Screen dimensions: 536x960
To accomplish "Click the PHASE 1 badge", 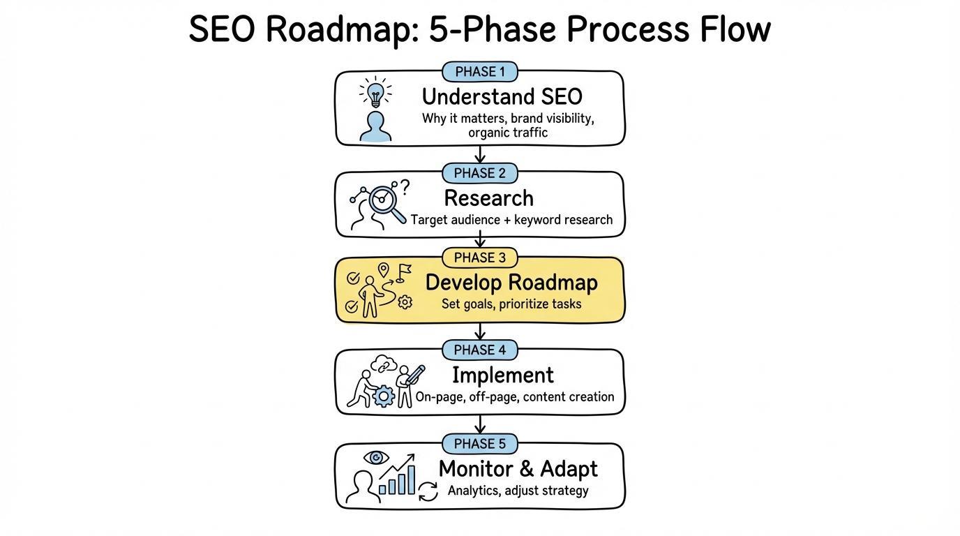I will (x=480, y=72).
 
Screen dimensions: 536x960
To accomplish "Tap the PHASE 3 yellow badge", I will (x=480, y=258).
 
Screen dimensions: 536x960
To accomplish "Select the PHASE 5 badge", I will (x=480, y=444).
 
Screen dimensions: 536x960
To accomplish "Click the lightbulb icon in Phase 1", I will (x=375, y=94).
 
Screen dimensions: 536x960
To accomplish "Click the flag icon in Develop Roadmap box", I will (x=403, y=271).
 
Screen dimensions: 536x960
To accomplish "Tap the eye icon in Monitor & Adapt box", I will (x=377, y=458).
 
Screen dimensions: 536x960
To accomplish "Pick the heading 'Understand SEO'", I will (x=502, y=96).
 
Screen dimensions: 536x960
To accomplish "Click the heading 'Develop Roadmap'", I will (x=511, y=283).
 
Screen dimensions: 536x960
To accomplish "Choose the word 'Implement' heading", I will (x=502, y=375).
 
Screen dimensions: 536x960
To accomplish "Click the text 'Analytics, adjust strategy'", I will (x=518, y=491).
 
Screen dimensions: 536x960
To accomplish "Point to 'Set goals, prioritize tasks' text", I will (x=511, y=304).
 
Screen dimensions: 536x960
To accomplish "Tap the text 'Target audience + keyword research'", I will (x=511, y=220).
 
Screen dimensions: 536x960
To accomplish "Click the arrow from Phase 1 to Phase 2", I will (x=480, y=155).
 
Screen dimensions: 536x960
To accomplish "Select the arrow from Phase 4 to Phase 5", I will (x=480, y=424).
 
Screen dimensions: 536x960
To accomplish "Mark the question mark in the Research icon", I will (x=405, y=186).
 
